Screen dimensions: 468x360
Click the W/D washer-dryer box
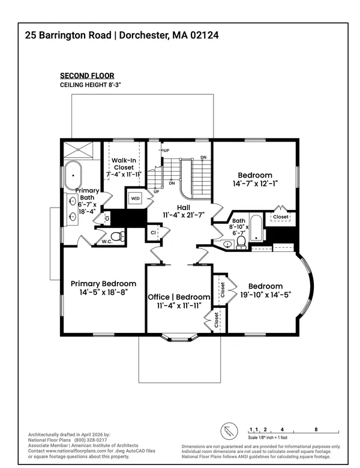tap(135, 199)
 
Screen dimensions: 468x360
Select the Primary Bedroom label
tap(103, 283)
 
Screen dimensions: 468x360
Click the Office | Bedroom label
tap(179, 297)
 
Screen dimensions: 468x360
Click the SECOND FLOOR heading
tap(86, 76)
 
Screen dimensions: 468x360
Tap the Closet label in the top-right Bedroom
tap(280, 217)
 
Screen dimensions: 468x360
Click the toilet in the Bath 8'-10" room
tap(241, 242)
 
